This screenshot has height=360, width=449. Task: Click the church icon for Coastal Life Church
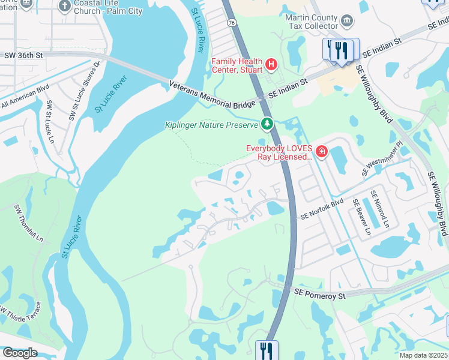[x=65, y=7]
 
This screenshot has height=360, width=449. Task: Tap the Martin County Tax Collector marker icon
[x=347, y=22]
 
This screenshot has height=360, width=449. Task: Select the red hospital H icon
[x=271, y=64]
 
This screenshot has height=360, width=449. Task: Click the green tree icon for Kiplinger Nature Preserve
[x=267, y=125]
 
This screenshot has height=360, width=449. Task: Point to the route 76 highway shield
[x=231, y=22]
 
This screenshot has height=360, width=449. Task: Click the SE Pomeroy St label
[x=320, y=295]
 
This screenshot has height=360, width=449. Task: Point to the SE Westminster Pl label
[x=382, y=158]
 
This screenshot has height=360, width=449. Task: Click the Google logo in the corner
[x=19, y=353]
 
